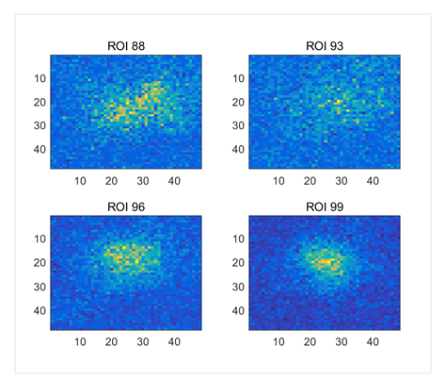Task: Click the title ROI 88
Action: [x=127, y=44]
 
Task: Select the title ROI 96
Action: [x=127, y=205]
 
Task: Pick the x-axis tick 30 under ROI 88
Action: [x=142, y=181]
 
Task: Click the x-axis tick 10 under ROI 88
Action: [x=80, y=181]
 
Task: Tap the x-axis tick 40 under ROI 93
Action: [x=372, y=181]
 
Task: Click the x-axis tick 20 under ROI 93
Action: [x=310, y=181]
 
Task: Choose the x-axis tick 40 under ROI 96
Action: [x=173, y=343]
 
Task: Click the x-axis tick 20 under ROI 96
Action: [x=111, y=343]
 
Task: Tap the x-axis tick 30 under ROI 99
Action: [x=341, y=343]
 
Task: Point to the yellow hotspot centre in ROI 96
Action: [x=126, y=254]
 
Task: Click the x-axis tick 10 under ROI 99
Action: [x=278, y=343]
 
